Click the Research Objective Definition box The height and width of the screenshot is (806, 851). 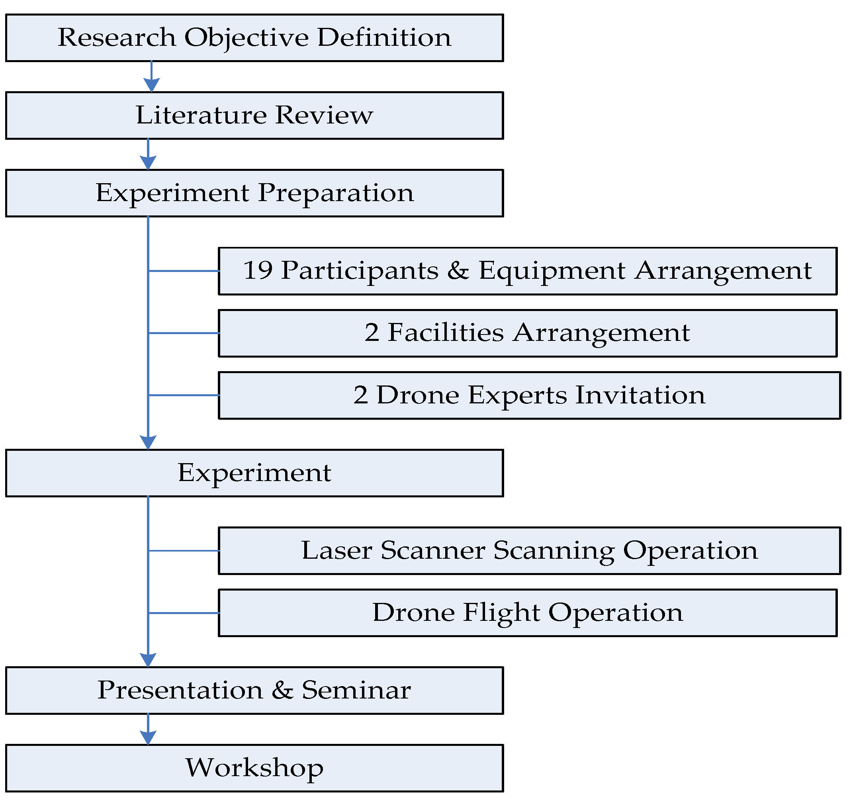point(254,38)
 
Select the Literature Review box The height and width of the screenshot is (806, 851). point(254,115)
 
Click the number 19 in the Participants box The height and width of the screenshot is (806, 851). point(258,271)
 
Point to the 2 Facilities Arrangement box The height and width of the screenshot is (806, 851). point(528,333)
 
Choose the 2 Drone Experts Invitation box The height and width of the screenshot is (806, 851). point(529,395)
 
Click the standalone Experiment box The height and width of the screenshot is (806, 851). point(254,473)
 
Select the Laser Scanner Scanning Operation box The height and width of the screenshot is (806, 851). point(529,550)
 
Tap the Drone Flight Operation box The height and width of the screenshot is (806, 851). point(528,612)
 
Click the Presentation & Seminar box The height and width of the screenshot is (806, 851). point(254,691)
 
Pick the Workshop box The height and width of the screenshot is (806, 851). point(254,768)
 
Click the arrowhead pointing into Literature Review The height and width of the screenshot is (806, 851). point(151,85)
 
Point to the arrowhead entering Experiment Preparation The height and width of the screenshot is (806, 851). point(148,162)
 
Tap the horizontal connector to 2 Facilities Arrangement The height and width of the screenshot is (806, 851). point(184,333)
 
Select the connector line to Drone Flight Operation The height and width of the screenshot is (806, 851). point(184,612)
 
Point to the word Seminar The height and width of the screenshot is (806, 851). point(356,691)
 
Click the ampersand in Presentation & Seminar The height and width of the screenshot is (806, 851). point(282,691)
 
